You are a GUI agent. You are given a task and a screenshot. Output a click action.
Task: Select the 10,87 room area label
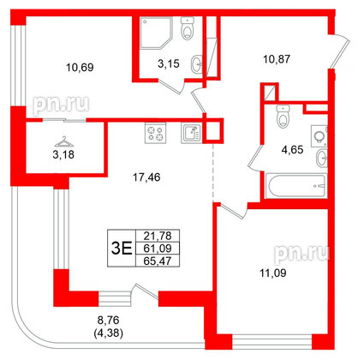pos(277,60)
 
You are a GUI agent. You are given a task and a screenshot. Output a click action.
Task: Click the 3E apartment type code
pos(122,249)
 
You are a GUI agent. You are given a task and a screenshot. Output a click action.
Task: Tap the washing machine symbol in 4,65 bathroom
pos(320,135)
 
